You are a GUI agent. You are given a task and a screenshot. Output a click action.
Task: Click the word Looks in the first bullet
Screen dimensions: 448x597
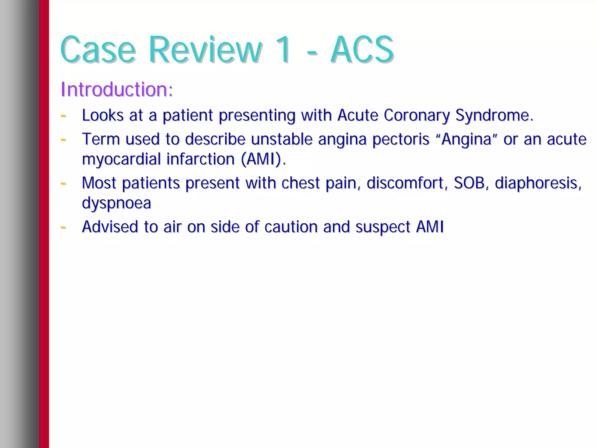tap(103, 115)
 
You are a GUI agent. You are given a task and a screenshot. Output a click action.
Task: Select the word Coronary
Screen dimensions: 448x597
tap(416, 115)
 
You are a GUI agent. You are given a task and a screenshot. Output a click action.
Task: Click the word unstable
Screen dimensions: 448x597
tap(282, 139)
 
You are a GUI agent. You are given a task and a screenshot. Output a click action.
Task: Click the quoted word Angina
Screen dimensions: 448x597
tap(466, 139)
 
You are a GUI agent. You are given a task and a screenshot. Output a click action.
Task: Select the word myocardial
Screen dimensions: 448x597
tap(121, 159)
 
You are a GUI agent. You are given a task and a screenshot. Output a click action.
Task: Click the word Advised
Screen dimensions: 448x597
tap(110, 227)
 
